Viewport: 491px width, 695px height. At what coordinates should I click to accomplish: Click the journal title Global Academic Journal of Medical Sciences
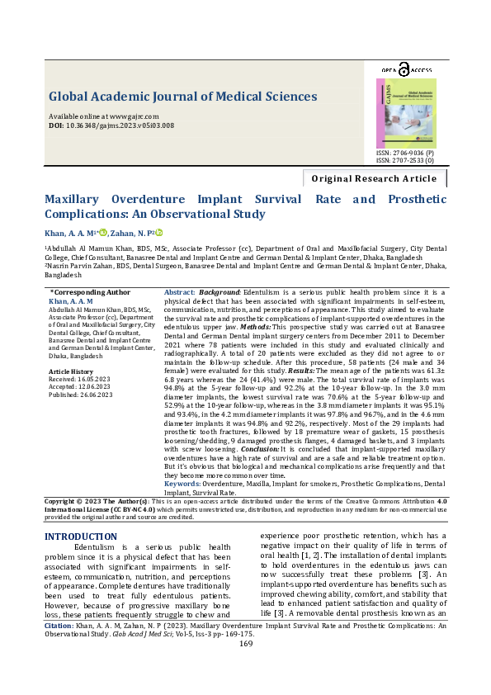(182, 97)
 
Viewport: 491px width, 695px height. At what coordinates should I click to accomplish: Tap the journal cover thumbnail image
(407, 113)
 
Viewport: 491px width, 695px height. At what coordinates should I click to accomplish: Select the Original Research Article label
(374, 178)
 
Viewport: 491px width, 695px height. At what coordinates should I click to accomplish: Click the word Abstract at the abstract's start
(180, 293)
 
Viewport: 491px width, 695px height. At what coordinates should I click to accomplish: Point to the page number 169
(245, 667)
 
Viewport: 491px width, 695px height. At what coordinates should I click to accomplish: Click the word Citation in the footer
(58, 649)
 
